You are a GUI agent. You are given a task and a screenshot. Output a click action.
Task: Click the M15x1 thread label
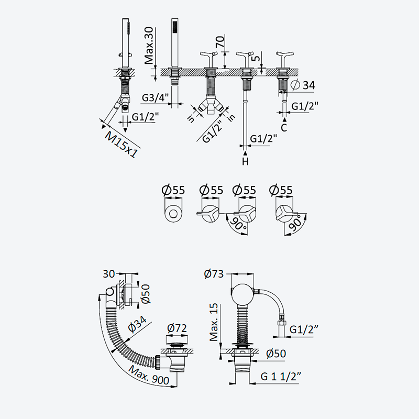[x=122, y=145]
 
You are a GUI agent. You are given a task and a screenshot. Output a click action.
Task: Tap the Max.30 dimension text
[x=149, y=46]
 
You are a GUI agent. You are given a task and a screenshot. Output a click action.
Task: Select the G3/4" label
[x=155, y=97]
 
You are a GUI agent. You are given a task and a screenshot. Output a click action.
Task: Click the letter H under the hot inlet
[x=245, y=161]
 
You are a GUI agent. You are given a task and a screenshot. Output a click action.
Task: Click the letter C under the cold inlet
[x=284, y=127]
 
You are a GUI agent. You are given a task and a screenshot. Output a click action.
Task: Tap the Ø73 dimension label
[x=214, y=274]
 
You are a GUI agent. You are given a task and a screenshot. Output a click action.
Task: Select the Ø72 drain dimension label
[x=177, y=328]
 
